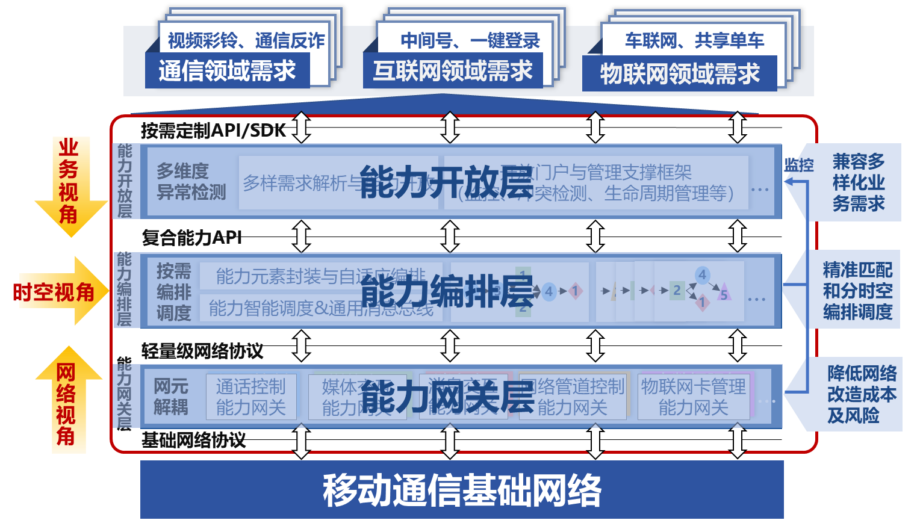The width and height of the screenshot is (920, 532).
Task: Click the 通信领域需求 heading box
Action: [227, 71]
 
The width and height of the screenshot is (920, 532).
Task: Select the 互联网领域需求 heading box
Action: [453, 71]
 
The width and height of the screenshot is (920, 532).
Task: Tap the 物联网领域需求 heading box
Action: [679, 74]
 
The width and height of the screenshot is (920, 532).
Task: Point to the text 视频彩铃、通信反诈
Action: [246, 40]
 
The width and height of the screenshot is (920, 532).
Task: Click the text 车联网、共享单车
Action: [694, 40]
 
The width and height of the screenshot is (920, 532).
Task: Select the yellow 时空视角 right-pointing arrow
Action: [57, 292]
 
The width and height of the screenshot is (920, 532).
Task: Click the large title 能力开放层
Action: [446, 182]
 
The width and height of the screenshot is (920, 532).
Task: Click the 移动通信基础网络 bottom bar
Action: [462, 489]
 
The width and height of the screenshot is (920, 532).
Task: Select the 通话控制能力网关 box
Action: [251, 397]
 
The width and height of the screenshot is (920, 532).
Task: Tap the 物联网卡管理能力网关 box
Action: [694, 397]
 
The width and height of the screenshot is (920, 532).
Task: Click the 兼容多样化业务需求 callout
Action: [858, 182]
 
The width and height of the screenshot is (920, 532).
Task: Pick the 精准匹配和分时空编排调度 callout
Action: [857, 291]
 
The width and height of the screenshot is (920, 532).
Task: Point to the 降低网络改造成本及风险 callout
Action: [861, 394]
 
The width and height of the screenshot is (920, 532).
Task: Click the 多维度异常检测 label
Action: [191, 182]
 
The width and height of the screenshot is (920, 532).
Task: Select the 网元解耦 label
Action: [171, 397]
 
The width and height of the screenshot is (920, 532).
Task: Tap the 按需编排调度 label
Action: [173, 292]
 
